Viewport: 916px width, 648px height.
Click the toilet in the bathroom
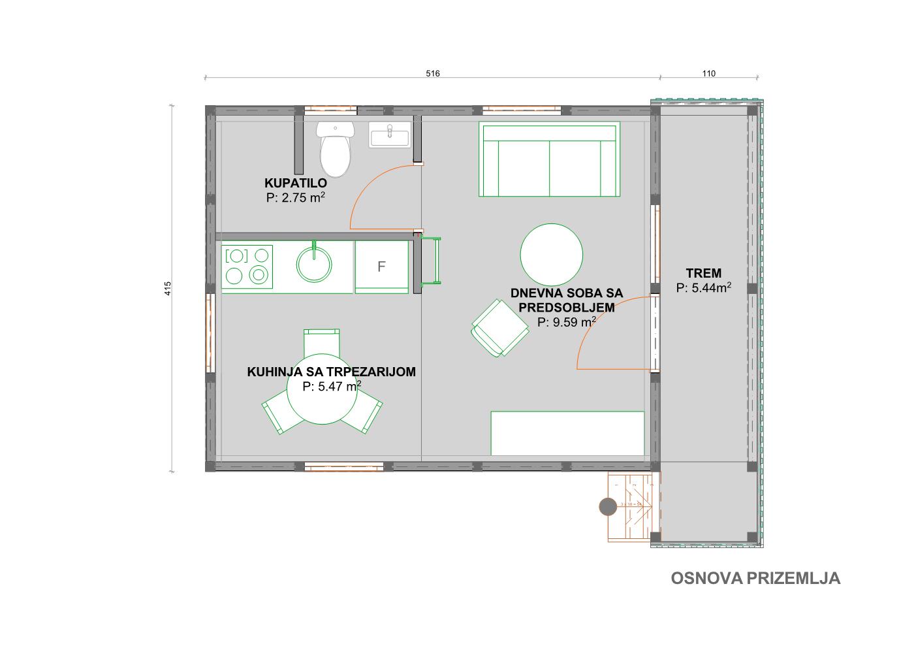tap(335, 150)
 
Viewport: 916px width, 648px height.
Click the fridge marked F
tap(382, 267)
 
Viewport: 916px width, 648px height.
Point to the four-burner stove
tap(247, 267)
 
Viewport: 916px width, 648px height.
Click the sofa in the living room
tap(548, 160)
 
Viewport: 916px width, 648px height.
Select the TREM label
tap(703, 273)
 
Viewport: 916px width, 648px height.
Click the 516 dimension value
tap(432, 73)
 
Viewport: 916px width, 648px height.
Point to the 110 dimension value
tap(708, 73)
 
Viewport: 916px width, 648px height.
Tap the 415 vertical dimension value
tap(168, 288)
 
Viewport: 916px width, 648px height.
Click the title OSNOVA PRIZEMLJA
tap(755, 578)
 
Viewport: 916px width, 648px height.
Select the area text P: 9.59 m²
tap(566, 321)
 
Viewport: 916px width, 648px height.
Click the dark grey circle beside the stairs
tap(608, 506)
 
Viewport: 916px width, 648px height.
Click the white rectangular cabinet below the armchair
tap(567, 433)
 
